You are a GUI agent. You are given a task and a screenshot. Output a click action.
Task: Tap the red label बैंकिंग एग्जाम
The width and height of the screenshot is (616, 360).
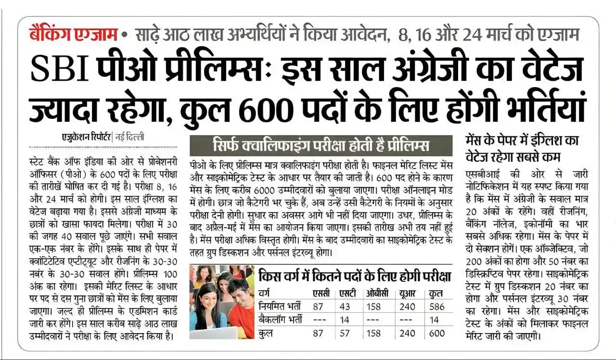[73, 35]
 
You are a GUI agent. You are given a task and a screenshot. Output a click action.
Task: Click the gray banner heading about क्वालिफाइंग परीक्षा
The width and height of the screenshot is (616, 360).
[321, 145]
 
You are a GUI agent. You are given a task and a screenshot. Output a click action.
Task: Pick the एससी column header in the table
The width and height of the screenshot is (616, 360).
[321, 293]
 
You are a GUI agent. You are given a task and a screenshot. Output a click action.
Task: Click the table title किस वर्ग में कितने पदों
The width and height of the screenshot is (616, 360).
[355, 276]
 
